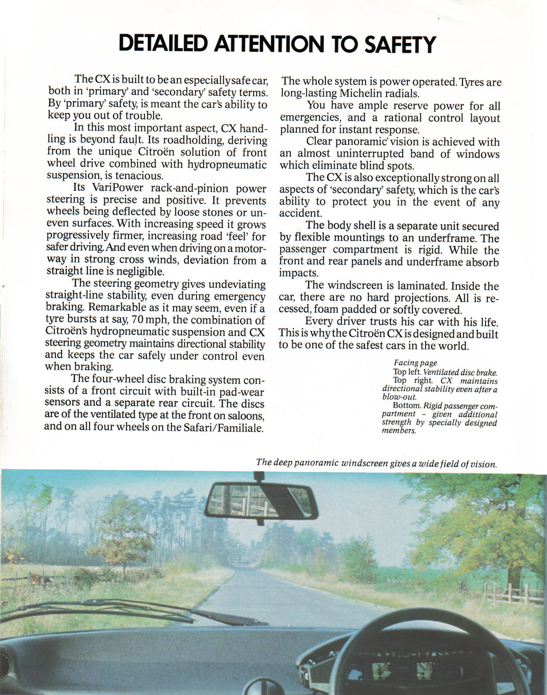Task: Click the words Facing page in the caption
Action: click(x=415, y=363)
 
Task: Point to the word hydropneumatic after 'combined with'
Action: click(x=227, y=164)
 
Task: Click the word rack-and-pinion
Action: click(x=193, y=188)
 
